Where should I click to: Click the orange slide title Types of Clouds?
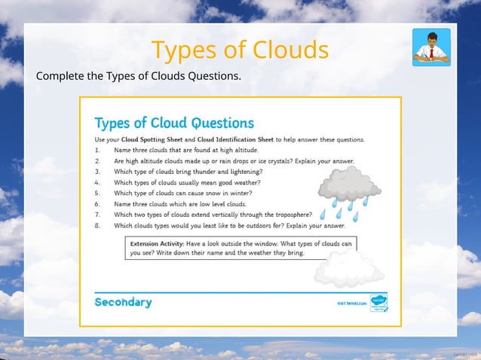240,50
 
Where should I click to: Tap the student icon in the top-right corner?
431,47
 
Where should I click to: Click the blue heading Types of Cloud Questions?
174,123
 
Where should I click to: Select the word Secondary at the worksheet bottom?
123,302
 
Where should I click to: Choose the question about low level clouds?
179,203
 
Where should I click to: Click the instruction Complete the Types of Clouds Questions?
139,76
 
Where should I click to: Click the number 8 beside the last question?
98,224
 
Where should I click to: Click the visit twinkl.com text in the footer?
351,304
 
